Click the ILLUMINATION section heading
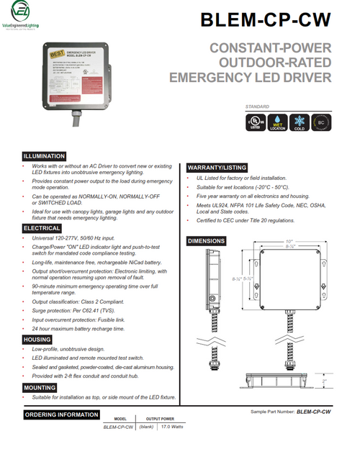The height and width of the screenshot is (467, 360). tap(45, 156)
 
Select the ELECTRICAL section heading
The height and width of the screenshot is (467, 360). tap(42, 228)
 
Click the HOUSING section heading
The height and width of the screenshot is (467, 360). tap(37, 339)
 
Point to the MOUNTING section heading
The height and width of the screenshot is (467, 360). tap(40, 387)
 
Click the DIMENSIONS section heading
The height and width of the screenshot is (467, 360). tap(207, 240)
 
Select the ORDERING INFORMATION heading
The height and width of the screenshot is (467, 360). tap(61, 414)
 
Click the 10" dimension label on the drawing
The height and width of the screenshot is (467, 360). tap(289, 241)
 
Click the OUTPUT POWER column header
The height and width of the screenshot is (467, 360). tap(161, 418)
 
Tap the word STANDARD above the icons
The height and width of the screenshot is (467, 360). tap(258, 106)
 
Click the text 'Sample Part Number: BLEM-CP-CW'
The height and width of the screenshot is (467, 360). tap(290, 411)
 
